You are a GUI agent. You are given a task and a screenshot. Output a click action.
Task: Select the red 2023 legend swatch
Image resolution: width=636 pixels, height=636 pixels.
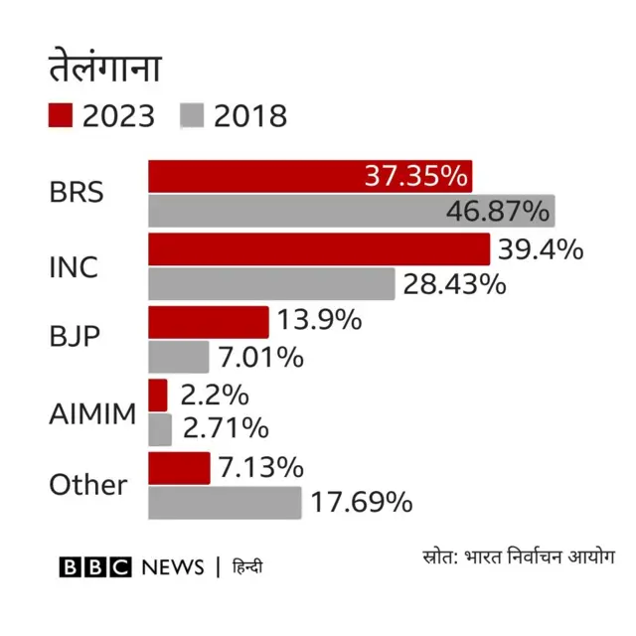point(62,115)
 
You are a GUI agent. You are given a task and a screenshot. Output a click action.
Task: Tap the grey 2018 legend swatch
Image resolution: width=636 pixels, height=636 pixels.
point(193,115)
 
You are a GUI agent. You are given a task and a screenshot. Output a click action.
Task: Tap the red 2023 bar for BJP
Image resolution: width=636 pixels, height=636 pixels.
point(209,322)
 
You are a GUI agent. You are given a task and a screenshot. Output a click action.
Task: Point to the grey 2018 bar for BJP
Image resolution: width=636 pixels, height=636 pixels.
point(179,357)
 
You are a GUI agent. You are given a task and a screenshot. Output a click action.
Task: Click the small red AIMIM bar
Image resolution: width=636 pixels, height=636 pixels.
point(158,395)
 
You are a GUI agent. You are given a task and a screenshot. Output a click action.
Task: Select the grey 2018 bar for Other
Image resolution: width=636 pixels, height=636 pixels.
point(225,503)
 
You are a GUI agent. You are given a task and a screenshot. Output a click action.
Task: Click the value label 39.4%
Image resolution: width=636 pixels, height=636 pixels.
point(541,249)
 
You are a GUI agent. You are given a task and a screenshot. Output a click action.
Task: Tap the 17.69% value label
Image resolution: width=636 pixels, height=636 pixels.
point(361,503)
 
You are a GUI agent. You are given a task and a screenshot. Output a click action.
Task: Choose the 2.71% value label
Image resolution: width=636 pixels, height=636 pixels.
point(225,429)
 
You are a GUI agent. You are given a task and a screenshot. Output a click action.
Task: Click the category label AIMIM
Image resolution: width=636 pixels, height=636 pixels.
point(92,413)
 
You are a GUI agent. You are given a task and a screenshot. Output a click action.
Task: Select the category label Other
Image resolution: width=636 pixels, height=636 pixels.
point(88,485)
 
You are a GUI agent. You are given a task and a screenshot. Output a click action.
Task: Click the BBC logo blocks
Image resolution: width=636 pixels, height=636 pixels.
point(95,567)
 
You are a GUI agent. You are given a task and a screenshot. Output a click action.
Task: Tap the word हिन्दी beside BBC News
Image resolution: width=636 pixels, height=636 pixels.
point(247,567)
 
